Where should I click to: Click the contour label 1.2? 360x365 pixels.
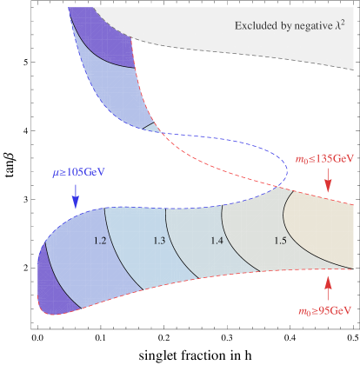(100, 240)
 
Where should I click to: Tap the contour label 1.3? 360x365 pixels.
(159, 240)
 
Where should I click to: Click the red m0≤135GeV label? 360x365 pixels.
(324, 159)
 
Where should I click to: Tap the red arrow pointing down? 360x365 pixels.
(328, 181)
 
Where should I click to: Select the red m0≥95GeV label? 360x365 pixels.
(325, 309)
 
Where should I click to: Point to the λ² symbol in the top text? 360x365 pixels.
(342, 24)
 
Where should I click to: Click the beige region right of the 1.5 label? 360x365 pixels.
(322, 235)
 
